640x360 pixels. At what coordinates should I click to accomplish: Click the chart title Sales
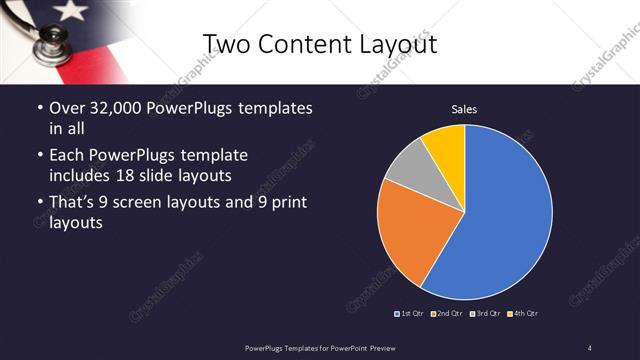(464, 107)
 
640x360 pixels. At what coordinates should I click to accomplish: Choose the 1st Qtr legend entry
(410, 314)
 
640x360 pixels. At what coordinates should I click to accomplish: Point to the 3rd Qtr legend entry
(485, 314)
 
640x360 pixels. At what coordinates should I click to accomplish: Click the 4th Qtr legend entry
(523, 314)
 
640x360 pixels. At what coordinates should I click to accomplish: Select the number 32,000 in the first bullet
(109, 108)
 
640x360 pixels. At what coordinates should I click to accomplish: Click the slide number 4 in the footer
(589, 347)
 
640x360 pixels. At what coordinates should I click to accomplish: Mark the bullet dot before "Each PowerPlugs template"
(39, 156)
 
